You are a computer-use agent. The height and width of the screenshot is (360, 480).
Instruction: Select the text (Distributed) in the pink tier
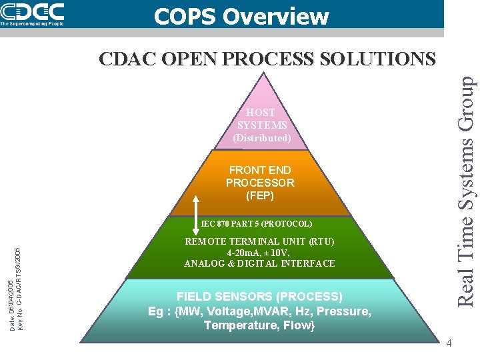point(261,138)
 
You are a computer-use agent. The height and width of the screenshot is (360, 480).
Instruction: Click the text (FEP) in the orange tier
point(260,196)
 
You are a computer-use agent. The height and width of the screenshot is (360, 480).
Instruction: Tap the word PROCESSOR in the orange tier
point(260,183)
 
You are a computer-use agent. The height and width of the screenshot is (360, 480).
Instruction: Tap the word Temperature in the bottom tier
point(236,325)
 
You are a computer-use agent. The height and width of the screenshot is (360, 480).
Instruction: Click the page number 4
point(449,343)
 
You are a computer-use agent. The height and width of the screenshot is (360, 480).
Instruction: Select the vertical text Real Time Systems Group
point(467,190)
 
